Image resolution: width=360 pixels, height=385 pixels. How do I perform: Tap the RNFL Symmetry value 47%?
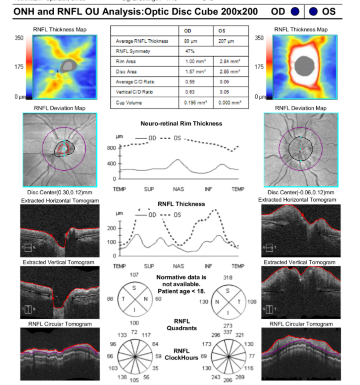[189, 51]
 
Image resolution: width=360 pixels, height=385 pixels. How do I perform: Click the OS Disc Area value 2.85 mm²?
[229, 71]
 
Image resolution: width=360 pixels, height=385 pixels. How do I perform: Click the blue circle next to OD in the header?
[295, 12]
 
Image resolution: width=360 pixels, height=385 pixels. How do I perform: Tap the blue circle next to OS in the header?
[313, 12]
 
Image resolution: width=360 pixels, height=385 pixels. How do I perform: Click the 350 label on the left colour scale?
[18, 38]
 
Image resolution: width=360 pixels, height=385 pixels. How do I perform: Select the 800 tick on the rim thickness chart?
[112, 148]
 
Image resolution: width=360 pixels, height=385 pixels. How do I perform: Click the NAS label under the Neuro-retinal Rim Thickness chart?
[178, 189]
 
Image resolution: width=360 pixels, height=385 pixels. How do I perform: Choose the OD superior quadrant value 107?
[134, 275]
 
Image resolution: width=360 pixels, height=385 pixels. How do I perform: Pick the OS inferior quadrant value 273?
[228, 325]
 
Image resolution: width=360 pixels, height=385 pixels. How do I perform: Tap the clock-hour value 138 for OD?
[122, 376]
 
